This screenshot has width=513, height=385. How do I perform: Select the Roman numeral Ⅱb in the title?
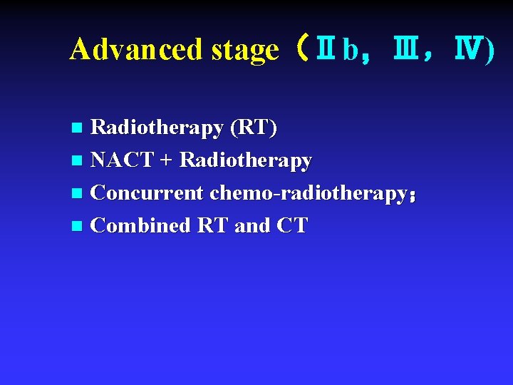coord(335,49)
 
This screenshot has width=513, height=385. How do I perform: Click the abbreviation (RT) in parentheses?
coord(253,128)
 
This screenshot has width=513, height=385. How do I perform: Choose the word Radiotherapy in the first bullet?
coord(157,128)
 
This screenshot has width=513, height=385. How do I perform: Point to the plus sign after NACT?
coord(166,161)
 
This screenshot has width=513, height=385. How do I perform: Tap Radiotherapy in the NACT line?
coord(246,161)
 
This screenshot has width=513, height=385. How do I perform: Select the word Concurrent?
coord(147,192)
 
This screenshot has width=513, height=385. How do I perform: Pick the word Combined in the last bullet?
coord(141,225)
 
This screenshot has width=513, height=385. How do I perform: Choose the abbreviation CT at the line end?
coord(292,225)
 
